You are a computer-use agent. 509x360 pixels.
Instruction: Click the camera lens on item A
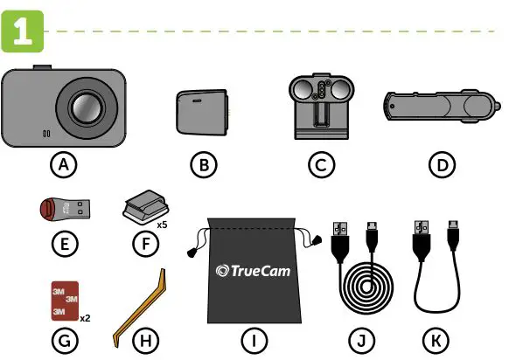[86, 108]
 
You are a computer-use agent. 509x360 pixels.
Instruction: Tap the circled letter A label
[61, 163]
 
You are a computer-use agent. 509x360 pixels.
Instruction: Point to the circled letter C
[324, 163]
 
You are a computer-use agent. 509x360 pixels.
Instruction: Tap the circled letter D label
[441, 163]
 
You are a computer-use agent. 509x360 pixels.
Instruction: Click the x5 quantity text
[162, 225]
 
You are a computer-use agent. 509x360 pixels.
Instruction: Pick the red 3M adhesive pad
[62, 299]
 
